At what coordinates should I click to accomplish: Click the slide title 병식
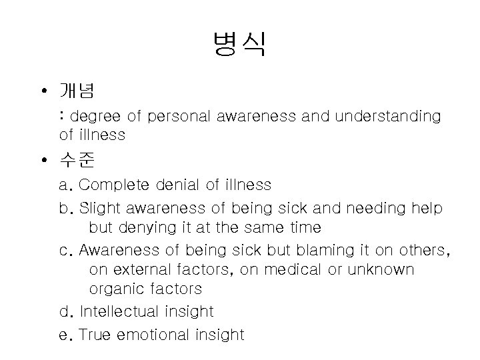click(x=239, y=44)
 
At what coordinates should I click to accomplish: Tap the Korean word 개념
click(x=77, y=90)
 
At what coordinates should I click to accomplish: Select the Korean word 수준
click(x=77, y=161)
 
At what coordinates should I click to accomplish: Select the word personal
click(x=179, y=117)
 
